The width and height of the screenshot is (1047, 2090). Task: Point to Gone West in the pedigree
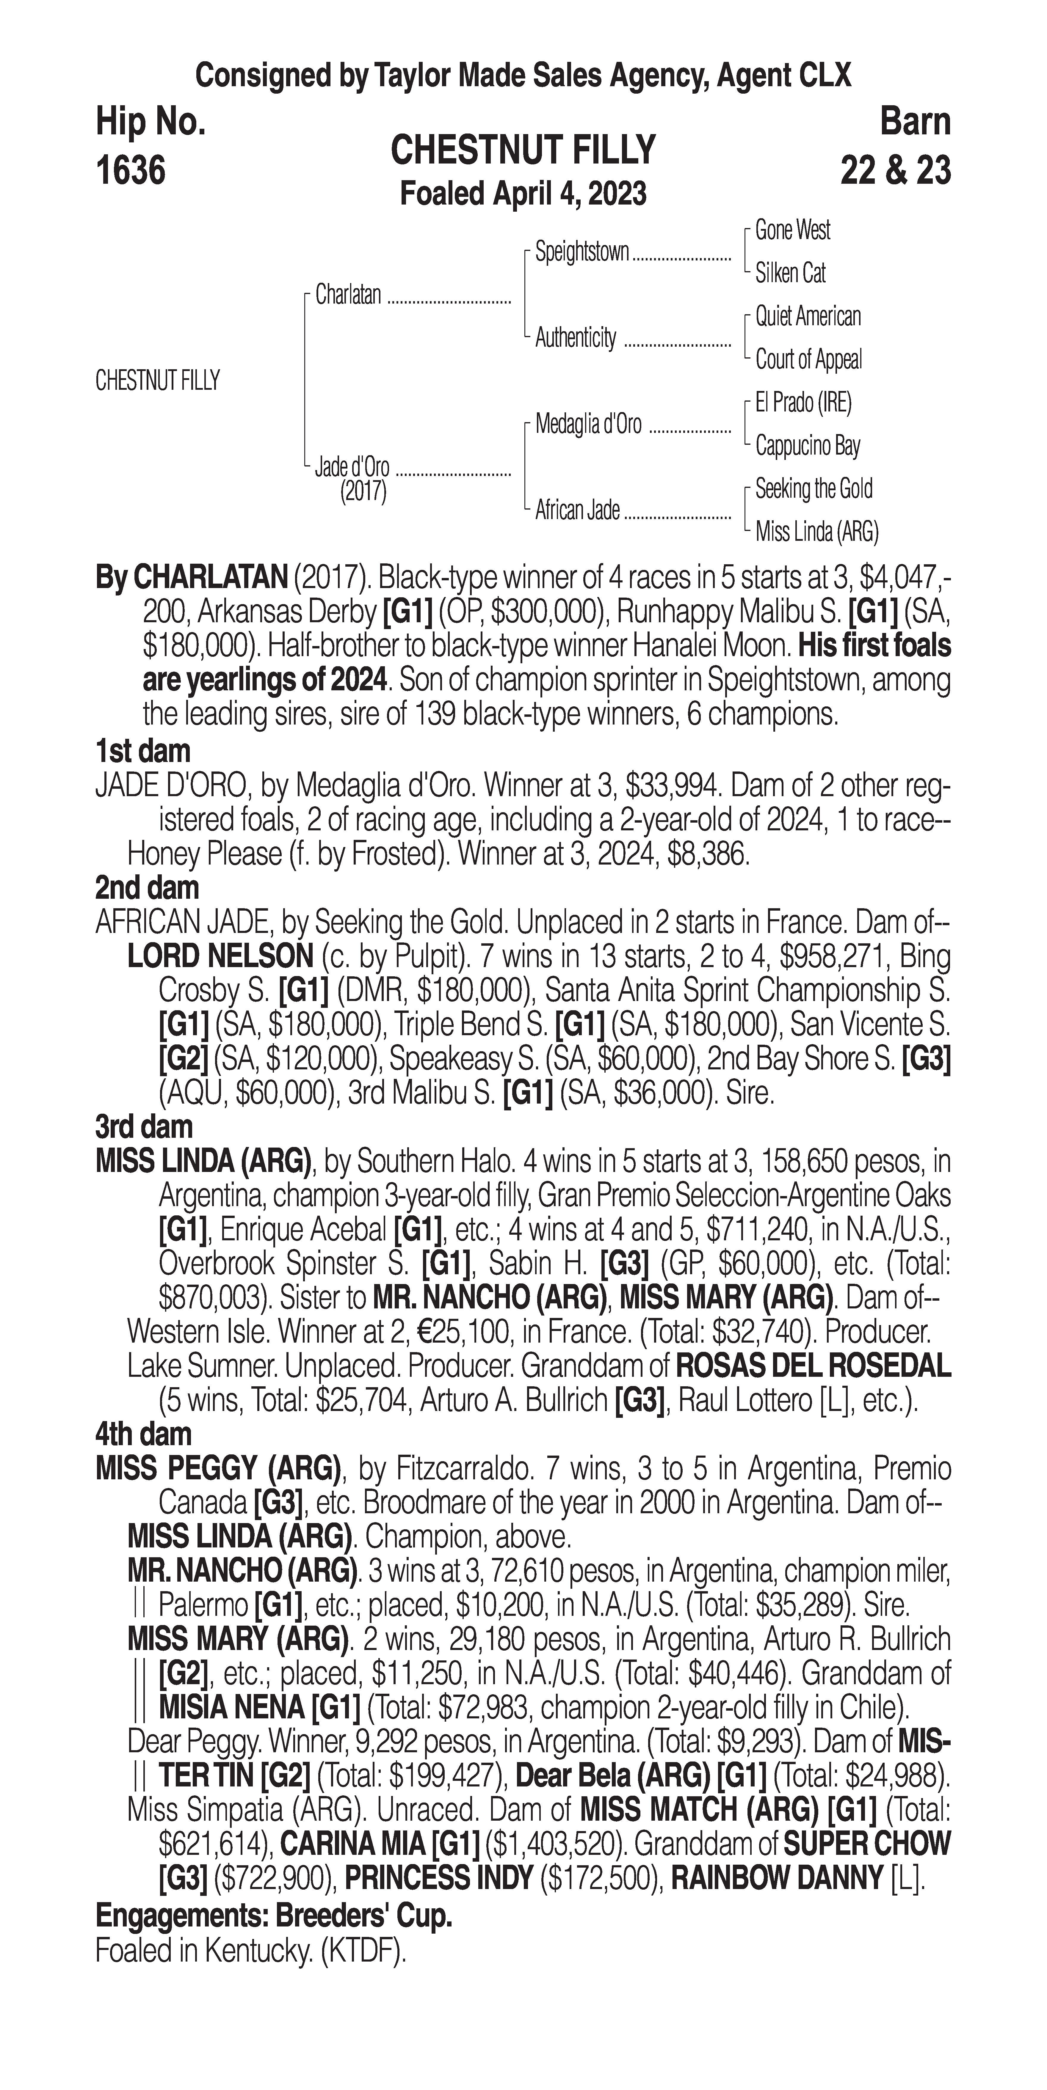click(x=792, y=230)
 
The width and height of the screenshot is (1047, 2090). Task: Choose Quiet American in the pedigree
click(x=808, y=316)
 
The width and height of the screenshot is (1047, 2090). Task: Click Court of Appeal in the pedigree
click(x=808, y=359)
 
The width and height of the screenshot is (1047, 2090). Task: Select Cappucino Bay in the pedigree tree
click(x=808, y=445)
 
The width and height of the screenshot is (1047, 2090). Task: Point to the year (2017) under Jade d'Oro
click(x=363, y=492)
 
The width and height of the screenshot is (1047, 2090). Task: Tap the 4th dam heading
click(x=144, y=1434)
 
